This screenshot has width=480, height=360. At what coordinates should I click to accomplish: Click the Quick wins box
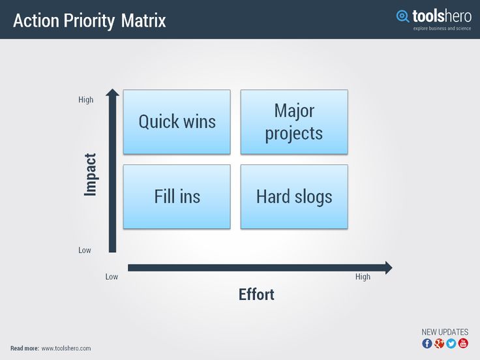coord(177,122)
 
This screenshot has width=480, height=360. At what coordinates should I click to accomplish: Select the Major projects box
coord(294,122)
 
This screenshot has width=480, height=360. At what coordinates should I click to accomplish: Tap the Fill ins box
coord(177,197)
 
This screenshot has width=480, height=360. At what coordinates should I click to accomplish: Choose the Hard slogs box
coord(294,197)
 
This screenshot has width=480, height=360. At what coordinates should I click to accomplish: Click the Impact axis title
coord(90,175)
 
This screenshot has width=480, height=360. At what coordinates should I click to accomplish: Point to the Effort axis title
coord(256,295)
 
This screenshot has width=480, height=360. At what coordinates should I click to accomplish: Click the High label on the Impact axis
coord(85,100)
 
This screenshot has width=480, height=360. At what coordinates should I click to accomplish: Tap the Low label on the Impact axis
coord(85,250)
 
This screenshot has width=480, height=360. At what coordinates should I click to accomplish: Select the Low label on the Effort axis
coord(112,277)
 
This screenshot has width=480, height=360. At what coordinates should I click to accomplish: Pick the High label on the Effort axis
coord(363,277)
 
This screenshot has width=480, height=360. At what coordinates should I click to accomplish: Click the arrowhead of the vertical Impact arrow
coord(112,91)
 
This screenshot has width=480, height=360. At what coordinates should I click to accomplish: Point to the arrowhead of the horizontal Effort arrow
coord(389,268)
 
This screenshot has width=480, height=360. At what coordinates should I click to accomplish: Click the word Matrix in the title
coord(143,20)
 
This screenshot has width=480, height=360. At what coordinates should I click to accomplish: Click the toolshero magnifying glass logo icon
coord(402,16)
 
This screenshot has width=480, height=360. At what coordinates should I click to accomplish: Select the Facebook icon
coord(427,344)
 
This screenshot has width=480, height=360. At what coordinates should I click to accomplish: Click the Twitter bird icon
coord(451,344)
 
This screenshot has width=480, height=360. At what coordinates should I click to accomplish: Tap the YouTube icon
coord(463,344)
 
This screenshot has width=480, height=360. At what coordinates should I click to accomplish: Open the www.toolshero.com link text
coord(66,348)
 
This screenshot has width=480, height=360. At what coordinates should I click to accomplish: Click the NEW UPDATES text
coord(445,332)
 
